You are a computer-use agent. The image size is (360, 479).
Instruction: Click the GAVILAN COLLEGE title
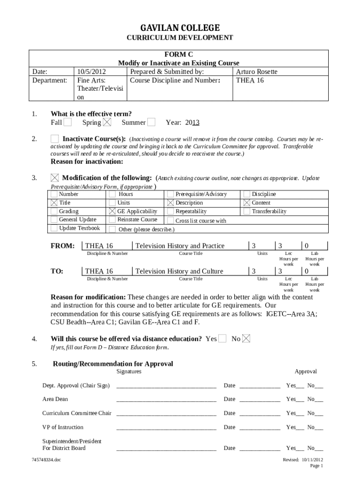pos(180,28)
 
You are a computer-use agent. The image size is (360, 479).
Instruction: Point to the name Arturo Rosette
pos(256,72)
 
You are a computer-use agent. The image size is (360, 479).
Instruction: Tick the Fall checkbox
pos(68,123)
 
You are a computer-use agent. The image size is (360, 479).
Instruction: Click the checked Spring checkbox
pos(107,123)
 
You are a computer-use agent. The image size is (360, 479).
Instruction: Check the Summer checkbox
pos(151,123)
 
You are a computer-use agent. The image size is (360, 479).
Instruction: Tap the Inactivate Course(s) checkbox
pos(55,139)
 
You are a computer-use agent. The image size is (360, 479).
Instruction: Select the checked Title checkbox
pos(54,203)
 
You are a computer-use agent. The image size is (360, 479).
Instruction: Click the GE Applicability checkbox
pos(112,211)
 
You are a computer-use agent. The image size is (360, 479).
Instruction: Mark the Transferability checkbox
pos(246,211)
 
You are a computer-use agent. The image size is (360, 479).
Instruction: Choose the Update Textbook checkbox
pos(54,228)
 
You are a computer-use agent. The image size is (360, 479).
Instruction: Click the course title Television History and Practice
pos(180,246)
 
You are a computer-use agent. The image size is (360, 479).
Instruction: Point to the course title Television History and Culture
pos(179,271)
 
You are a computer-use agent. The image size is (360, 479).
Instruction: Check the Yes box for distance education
pos(223,338)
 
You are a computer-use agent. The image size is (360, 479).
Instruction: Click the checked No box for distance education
pos(246,338)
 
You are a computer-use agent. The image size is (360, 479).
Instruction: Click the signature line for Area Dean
pos(166,400)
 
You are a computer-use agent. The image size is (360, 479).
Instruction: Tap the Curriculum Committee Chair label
pos(77,413)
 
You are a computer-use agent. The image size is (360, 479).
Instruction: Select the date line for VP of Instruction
pos(259,428)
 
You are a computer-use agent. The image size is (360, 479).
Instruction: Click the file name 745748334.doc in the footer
pos(46,460)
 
